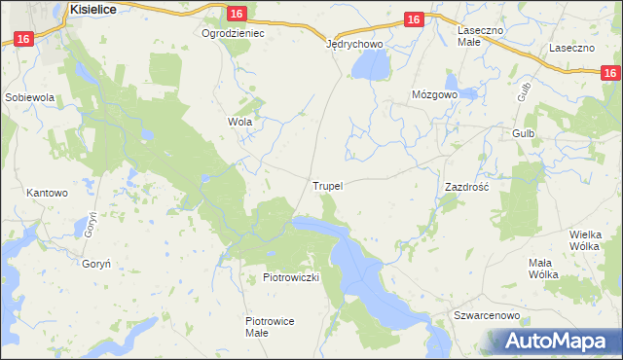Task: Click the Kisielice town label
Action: (94, 8)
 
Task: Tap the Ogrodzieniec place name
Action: (233, 32)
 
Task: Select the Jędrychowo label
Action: (354, 44)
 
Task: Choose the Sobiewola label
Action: (29, 98)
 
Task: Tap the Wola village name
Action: (239, 123)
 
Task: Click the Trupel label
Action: (328, 185)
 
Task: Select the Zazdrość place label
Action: (465, 185)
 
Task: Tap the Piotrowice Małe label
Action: (270, 326)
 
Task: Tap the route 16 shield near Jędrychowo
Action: (413, 19)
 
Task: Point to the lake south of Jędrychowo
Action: (370, 65)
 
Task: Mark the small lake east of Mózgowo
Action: (468, 94)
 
